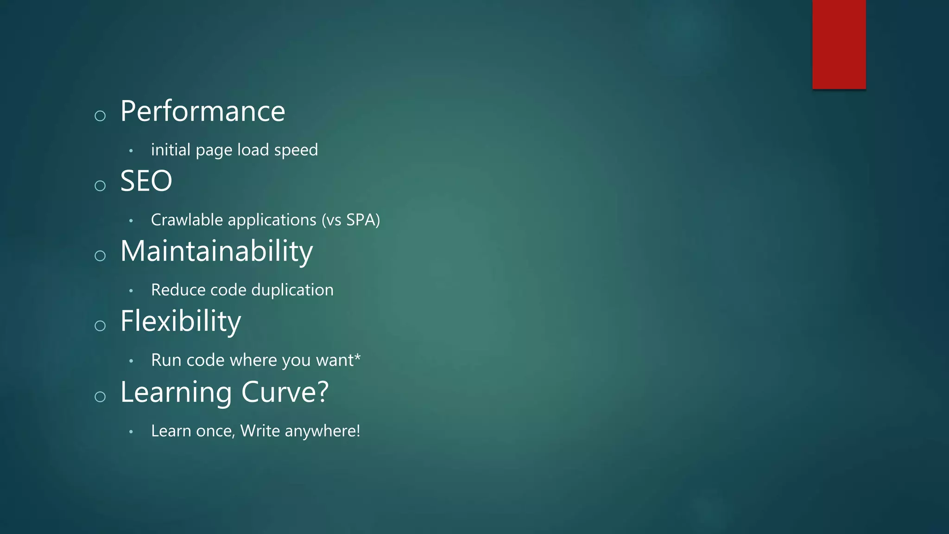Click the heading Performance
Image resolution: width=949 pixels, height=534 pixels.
tap(202, 112)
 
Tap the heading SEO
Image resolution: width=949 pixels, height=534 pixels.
tap(146, 181)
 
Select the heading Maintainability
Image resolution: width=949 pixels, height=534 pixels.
tap(216, 252)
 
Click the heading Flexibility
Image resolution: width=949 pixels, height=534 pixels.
tap(180, 321)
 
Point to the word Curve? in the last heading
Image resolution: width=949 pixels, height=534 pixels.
tap(285, 392)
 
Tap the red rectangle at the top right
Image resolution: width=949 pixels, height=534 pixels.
tap(839, 44)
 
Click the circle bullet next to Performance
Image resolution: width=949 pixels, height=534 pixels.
tap(100, 116)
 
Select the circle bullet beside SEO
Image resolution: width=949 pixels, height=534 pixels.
tap(100, 186)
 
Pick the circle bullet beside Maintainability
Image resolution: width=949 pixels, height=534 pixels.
tap(100, 256)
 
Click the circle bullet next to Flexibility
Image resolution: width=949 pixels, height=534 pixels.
tap(100, 326)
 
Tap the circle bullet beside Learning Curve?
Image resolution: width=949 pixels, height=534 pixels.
tap(100, 397)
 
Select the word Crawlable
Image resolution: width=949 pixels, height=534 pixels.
tap(186, 220)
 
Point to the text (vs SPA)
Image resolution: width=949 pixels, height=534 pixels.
tap(351, 220)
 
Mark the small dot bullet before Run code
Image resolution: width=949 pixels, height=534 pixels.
tap(131, 361)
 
